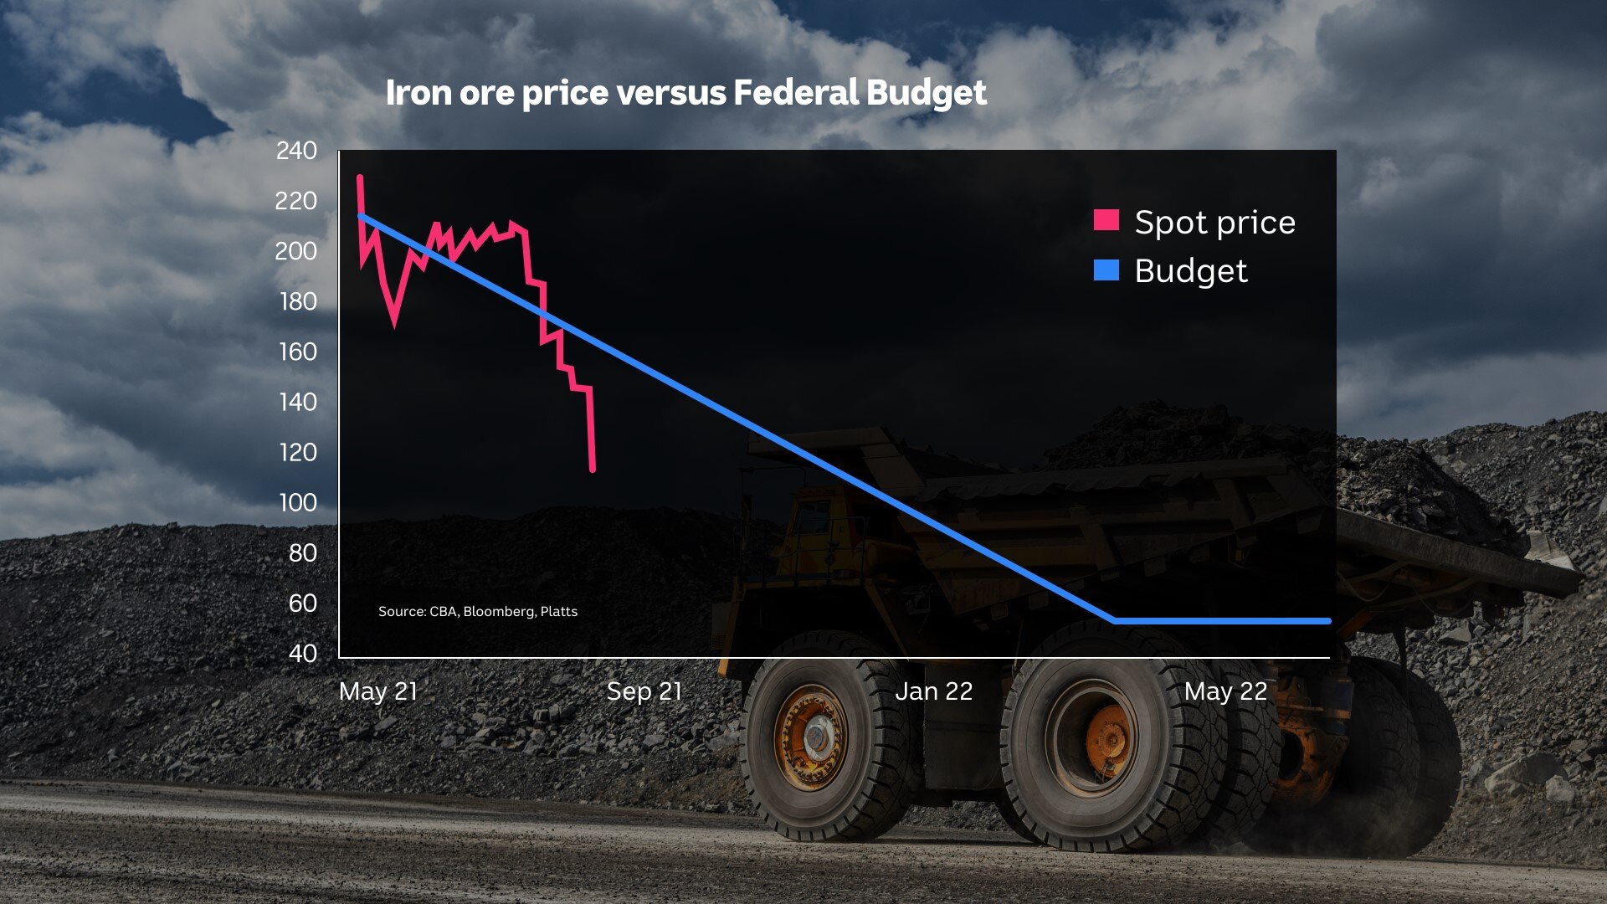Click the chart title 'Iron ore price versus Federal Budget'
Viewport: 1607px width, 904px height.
click(685, 93)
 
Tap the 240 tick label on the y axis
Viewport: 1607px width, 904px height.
click(296, 151)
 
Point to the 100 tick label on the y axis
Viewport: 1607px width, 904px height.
click(297, 502)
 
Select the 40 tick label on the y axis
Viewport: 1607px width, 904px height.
click(302, 653)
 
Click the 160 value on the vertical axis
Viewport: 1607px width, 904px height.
click(297, 352)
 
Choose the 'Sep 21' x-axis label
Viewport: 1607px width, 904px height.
click(644, 691)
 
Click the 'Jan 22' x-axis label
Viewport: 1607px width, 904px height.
click(933, 691)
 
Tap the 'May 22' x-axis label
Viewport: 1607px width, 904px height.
click(1225, 691)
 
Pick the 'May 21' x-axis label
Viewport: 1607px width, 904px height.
click(377, 691)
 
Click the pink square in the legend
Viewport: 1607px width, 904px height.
click(1106, 220)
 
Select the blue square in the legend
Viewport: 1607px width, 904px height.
click(1106, 270)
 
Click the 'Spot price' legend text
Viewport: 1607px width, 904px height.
click(1214, 223)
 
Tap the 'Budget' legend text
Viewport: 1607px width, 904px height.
click(1190, 271)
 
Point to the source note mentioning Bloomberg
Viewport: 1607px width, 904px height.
click(477, 612)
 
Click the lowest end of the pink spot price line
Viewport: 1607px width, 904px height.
click(593, 470)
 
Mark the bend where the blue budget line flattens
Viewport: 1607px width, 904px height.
click(1114, 621)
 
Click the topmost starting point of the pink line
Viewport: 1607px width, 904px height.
click(360, 177)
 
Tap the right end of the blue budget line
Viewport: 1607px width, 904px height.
click(1327, 621)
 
